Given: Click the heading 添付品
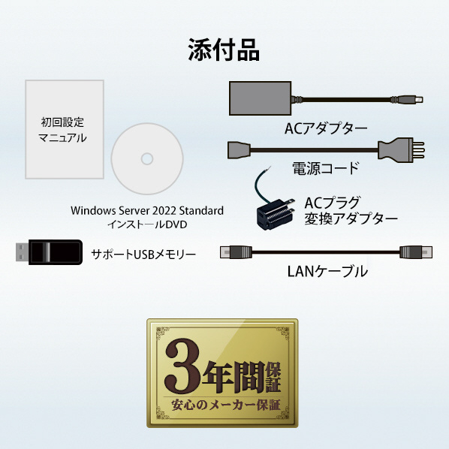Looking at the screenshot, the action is click(x=224, y=50).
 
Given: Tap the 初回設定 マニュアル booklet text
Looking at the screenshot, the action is click(x=62, y=130).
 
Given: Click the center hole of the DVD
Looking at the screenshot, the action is click(x=147, y=159).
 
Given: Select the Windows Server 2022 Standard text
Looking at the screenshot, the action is click(x=147, y=211).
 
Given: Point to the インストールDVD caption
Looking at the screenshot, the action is click(x=147, y=225).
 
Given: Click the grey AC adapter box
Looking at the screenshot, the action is click(x=260, y=98).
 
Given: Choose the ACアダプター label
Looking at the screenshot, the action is click(x=326, y=128).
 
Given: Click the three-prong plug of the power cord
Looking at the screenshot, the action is click(x=401, y=149).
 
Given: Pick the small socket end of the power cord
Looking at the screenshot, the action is click(x=239, y=149).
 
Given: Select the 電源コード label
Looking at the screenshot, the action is click(x=326, y=168).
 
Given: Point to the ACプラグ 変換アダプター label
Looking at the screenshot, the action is click(x=351, y=211).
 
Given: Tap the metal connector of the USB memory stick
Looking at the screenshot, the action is click(x=23, y=252).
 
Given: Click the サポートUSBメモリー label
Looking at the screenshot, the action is click(x=143, y=255).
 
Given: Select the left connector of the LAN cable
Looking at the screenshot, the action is click(x=236, y=252).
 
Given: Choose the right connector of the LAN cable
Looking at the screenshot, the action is click(x=416, y=252).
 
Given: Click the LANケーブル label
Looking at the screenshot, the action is click(x=327, y=272).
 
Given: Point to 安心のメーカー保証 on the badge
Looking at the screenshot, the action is click(x=226, y=405).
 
